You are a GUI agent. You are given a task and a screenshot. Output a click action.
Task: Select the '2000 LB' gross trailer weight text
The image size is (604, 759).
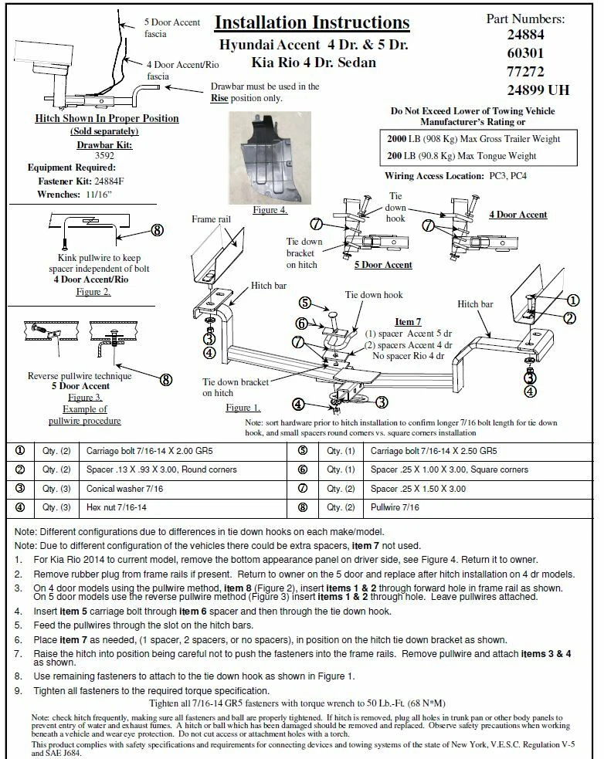(402, 138)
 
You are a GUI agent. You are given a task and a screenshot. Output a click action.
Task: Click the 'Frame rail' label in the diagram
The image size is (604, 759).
(210, 220)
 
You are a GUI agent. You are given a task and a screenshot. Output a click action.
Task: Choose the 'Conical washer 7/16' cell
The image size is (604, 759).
(120, 488)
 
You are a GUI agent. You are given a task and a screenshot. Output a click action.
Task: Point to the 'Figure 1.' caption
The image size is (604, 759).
(243, 407)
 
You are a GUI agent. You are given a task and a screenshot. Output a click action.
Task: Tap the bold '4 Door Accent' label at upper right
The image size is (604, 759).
(517, 215)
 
